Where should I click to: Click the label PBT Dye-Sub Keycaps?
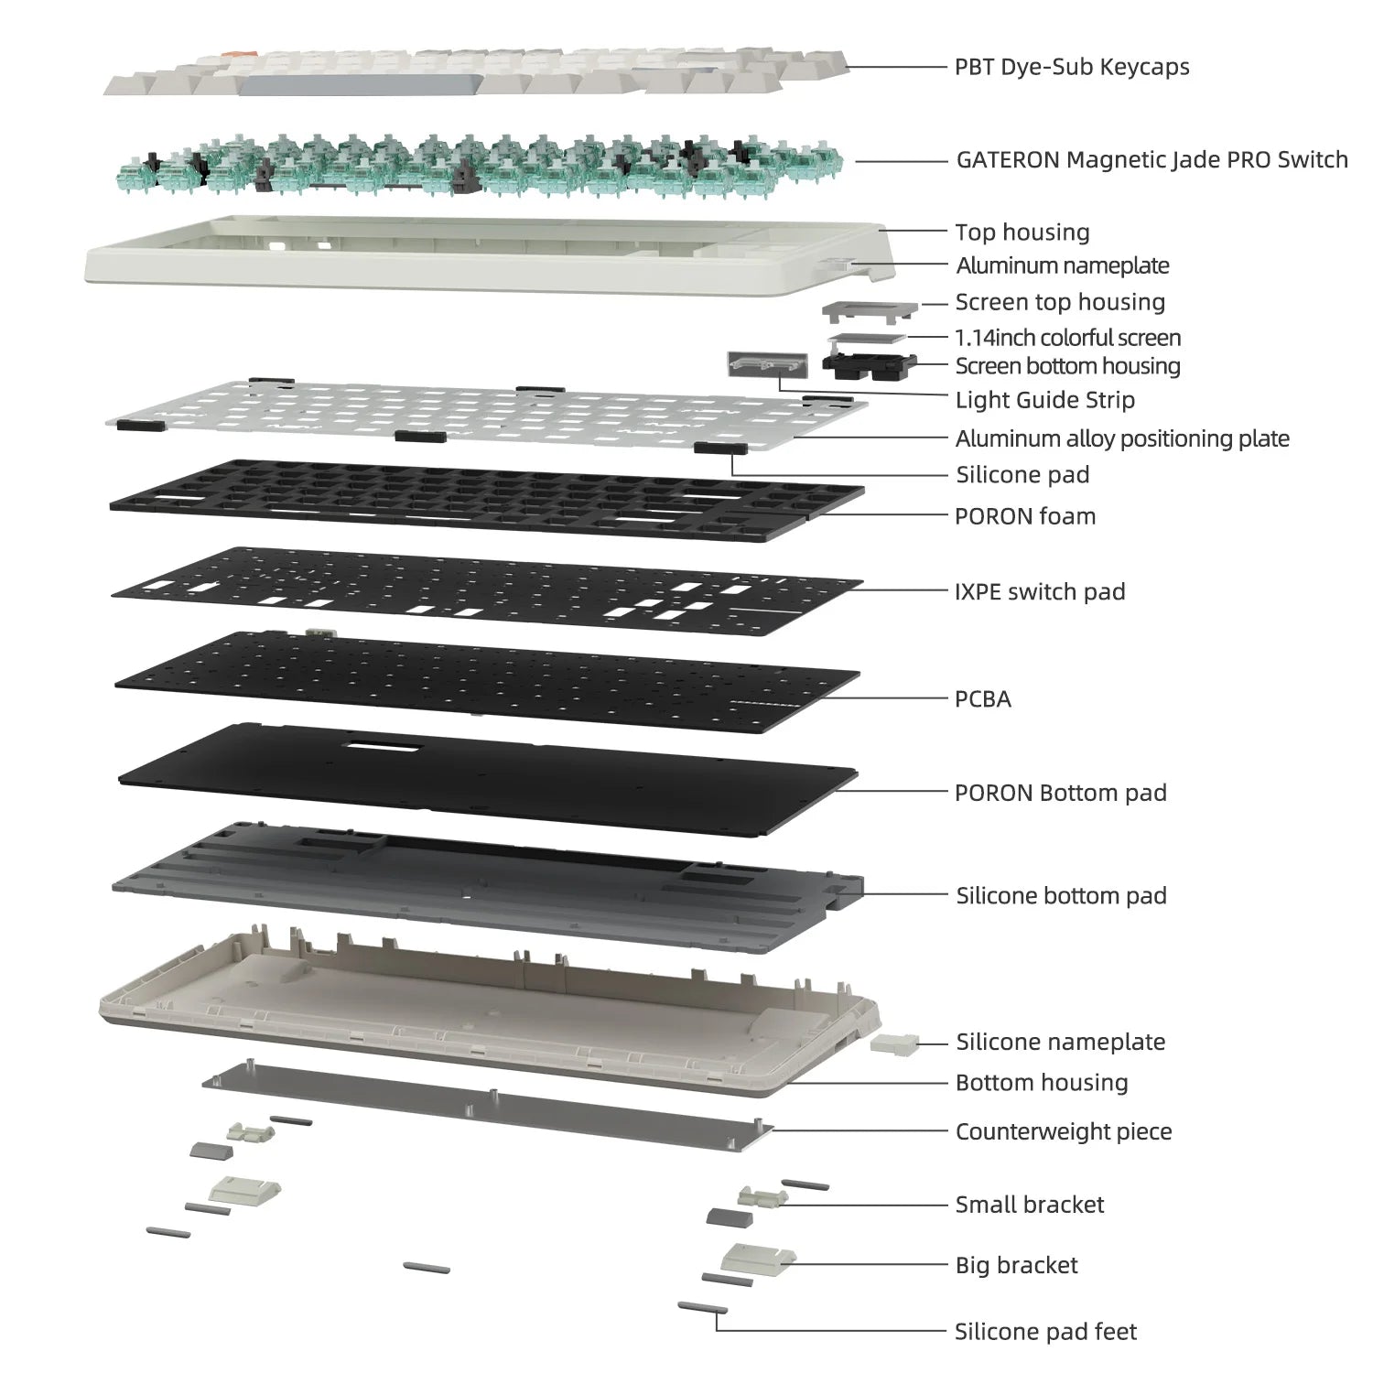1071,67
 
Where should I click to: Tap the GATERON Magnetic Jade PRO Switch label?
1151,160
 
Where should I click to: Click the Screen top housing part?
870,311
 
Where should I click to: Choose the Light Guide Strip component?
767,363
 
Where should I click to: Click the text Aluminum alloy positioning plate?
1121,438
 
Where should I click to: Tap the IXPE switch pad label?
1039,591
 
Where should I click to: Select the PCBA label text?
982,699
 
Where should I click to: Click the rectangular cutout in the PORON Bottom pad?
383,747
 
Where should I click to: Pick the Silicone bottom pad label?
1061,895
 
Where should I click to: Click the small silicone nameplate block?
894,1043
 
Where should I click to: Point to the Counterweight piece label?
1063,1131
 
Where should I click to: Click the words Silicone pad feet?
1044,1332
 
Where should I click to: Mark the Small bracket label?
1029,1205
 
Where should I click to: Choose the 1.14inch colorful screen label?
1067,338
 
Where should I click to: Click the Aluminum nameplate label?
1062,265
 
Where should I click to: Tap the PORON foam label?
1024,516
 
